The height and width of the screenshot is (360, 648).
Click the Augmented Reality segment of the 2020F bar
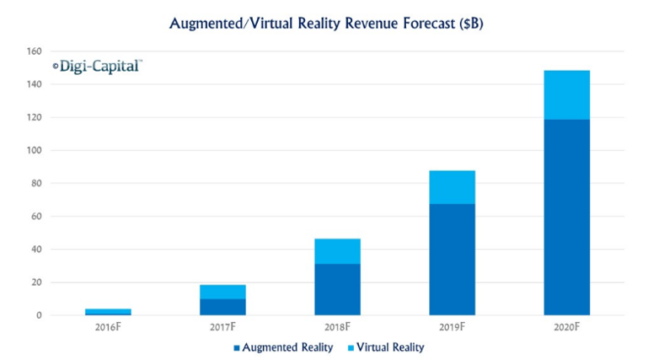[x=566, y=217]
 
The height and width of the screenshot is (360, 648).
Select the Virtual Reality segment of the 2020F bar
[x=566, y=94]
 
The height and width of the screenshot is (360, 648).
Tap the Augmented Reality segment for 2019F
[x=452, y=259]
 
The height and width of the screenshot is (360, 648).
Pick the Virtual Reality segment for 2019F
[x=452, y=187]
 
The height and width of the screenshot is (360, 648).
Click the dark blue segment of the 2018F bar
[x=337, y=289]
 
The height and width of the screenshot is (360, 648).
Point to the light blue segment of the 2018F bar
[x=337, y=251]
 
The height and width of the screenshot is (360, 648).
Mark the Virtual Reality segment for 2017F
[x=222, y=292]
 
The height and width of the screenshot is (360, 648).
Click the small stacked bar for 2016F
[x=108, y=312]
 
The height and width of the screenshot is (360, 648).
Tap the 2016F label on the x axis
[x=108, y=326]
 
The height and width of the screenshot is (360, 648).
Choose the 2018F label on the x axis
[x=337, y=326]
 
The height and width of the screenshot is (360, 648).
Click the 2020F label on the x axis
[x=566, y=326]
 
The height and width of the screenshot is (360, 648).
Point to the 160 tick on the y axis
[x=33, y=51]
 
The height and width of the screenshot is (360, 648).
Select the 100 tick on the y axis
[x=33, y=150]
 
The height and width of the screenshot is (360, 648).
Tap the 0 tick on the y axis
[x=38, y=315]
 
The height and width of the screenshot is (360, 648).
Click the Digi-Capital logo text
[x=97, y=65]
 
